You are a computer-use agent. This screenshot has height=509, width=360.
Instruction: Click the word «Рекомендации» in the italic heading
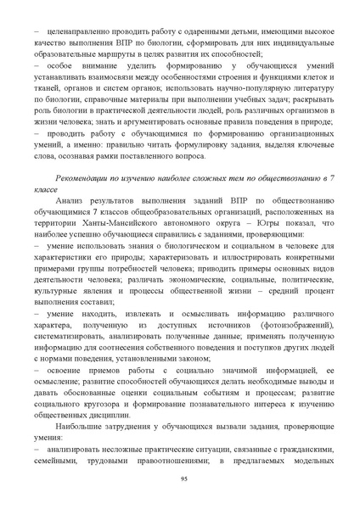click(82, 178)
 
